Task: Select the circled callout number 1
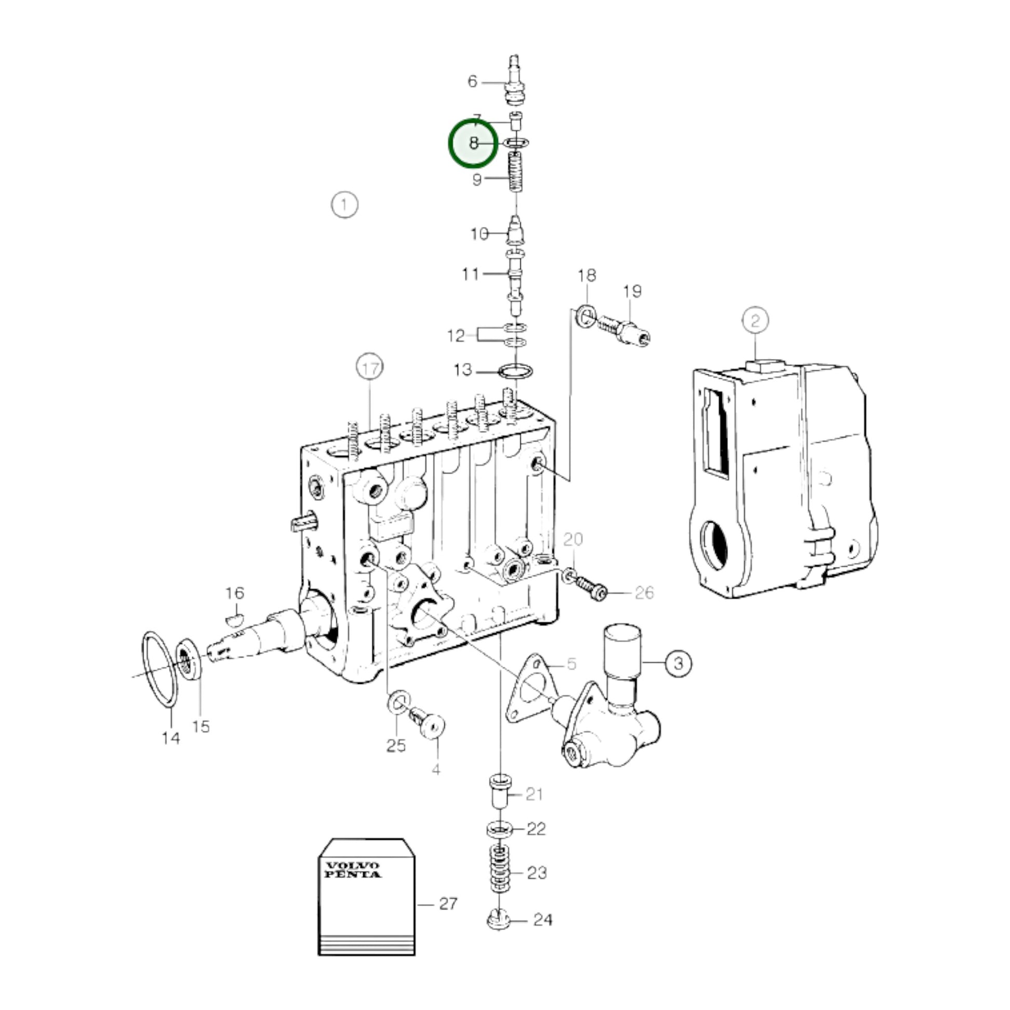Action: (x=345, y=205)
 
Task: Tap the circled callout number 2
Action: (x=755, y=320)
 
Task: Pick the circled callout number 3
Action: (x=678, y=663)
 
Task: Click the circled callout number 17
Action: (x=370, y=368)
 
